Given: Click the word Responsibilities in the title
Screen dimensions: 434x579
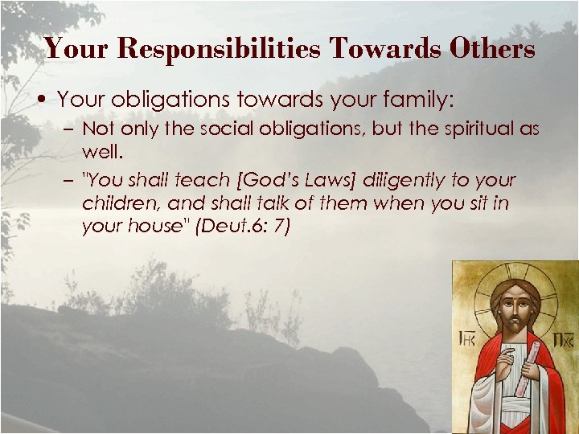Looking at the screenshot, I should pyautogui.click(x=219, y=49).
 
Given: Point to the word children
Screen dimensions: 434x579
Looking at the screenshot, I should pyautogui.click(x=117, y=204).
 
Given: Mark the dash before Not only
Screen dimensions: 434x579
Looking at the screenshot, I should pyautogui.click(x=69, y=129).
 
